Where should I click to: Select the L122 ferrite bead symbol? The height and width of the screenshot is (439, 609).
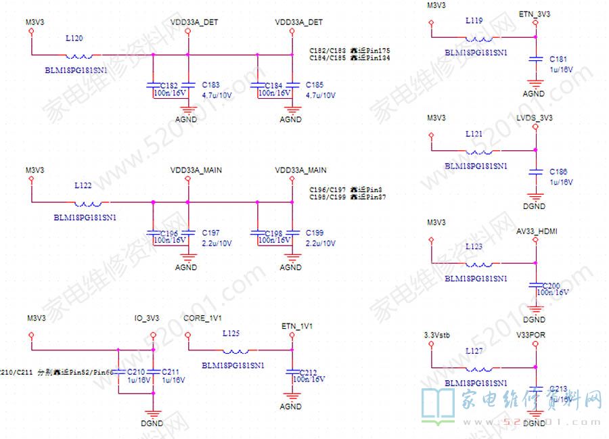click(x=89, y=202)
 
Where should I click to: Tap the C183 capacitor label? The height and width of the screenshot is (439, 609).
click(x=211, y=85)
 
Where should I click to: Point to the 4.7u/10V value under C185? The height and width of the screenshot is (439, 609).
click(x=321, y=95)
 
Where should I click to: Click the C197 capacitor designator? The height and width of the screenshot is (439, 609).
click(x=211, y=233)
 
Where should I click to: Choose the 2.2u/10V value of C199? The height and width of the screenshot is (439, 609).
click(x=321, y=243)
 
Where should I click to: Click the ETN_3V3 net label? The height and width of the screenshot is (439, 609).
click(x=534, y=14)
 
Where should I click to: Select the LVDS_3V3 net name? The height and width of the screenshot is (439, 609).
click(x=535, y=118)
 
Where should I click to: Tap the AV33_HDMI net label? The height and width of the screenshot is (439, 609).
click(x=537, y=231)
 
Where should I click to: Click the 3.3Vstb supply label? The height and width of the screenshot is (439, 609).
click(x=435, y=335)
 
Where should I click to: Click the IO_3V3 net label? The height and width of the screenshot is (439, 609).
click(x=147, y=317)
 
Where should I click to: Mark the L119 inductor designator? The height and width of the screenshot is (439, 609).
click(x=474, y=21)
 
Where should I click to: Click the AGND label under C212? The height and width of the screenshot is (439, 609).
click(x=290, y=407)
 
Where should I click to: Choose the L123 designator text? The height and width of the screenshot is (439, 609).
click(x=474, y=247)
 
